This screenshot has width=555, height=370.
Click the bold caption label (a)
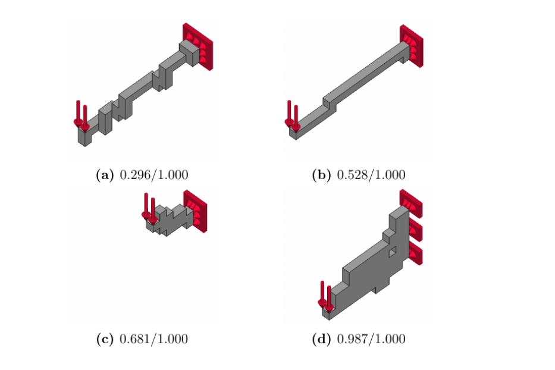(x=105, y=175)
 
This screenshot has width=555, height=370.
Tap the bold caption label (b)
(x=321, y=175)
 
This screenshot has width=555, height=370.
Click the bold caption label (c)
(x=105, y=339)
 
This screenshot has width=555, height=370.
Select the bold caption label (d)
(x=321, y=339)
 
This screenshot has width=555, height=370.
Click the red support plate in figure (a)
(x=198, y=47)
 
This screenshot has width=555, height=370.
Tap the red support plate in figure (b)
(x=412, y=46)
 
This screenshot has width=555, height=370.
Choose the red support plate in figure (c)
(x=195, y=211)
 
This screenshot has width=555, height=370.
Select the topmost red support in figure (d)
(x=411, y=203)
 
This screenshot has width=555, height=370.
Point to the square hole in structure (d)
(x=393, y=252)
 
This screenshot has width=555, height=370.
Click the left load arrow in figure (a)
(x=78, y=113)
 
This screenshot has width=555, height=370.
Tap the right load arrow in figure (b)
(x=296, y=118)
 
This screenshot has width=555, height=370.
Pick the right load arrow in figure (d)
(x=329, y=299)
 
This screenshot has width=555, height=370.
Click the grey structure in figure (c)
(x=172, y=220)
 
